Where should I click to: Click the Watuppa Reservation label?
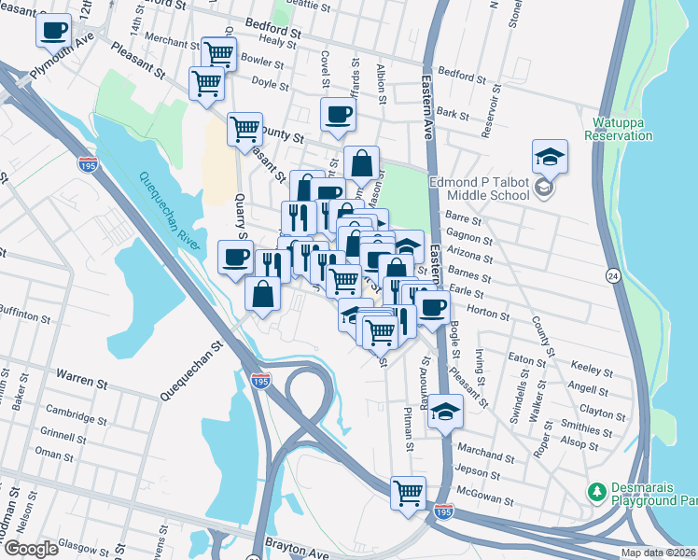coord(618,129)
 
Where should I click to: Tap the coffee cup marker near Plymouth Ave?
coord(53,29)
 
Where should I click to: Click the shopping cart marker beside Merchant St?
coord(217,52)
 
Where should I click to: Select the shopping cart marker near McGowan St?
coord(408,492)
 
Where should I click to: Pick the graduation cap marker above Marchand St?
coord(446,410)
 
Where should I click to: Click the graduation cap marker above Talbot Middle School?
coord(550,154)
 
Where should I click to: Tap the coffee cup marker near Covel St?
coord(337,114)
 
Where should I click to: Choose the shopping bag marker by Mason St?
coord(361,162)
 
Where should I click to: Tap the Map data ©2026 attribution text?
coord(658,553)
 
